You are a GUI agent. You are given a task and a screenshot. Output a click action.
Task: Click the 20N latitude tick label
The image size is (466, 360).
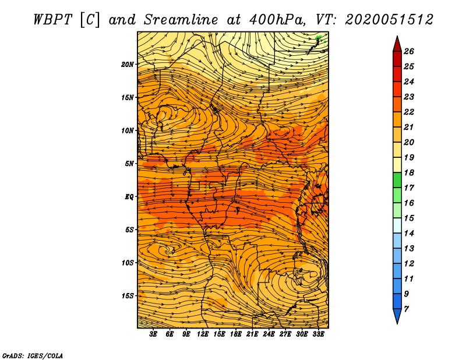(x=127, y=65)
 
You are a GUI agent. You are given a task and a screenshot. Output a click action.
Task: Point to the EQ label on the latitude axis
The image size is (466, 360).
(x=129, y=197)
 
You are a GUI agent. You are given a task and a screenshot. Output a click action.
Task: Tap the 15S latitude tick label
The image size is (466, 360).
(x=128, y=296)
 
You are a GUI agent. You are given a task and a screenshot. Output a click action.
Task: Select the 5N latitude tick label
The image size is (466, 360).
(x=129, y=164)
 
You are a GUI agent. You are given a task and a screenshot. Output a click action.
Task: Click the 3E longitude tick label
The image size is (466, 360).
(x=153, y=334)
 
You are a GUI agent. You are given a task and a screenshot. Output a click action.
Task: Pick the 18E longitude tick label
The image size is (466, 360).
(x=235, y=334)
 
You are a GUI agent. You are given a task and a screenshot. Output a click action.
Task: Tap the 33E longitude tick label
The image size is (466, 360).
(x=318, y=334)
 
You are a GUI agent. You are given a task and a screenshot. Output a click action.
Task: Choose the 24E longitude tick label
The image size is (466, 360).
(x=269, y=334)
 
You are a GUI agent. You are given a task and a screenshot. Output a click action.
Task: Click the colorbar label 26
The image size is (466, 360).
(x=409, y=51)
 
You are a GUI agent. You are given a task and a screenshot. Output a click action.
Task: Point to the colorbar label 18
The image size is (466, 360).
(x=409, y=172)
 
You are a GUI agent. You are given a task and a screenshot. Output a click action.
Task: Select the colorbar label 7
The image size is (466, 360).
(x=406, y=309)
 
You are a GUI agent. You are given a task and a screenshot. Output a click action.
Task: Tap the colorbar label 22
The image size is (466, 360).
(x=409, y=112)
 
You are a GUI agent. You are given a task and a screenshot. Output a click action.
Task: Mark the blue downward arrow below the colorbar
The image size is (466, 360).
(x=397, y=315)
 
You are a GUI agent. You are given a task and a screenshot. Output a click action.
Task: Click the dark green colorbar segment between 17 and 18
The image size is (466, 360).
(x=397, y=180)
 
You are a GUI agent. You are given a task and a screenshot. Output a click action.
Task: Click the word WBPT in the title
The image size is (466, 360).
(x=52, y=20)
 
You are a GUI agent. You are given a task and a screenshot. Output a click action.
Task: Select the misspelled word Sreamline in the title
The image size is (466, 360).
(x=181, y=20)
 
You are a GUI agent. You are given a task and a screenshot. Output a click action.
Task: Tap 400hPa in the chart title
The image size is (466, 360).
(x=277, y=20)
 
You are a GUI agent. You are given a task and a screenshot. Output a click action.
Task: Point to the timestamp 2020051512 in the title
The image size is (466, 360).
(x=389, y=20)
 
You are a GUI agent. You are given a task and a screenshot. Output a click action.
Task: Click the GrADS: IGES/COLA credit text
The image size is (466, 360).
(x=33, y=356)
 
